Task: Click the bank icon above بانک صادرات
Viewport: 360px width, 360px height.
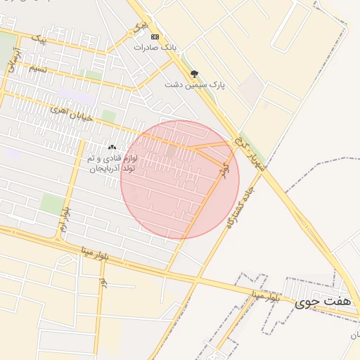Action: pyautogui.click(x=155, y=37)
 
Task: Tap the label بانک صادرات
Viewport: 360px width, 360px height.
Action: pyautogui.click(x=157, y=47)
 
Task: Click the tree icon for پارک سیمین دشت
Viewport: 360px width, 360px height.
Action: pyautogui.click(x=194, y=73)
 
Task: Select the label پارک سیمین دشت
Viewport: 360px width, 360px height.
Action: pyautogui.click(x=195, y=84)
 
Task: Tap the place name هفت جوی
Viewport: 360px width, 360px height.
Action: pyautogui.click(x=322, y=301)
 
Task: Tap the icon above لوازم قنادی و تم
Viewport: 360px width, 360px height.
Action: pyautogui.click(x=112, y=148)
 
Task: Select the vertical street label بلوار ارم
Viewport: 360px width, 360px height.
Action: pyautogui.click(x=63, y=220)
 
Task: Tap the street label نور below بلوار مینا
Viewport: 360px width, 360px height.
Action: pyautogui.click(x=103, y=281)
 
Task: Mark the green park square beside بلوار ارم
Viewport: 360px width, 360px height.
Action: pyautogui.click(x=51, y=204)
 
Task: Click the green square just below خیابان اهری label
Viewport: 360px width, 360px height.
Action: pyautogui.click(x=108, y=115)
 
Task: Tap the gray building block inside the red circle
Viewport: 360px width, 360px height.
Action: pyautogui.click(x=171, y=150)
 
